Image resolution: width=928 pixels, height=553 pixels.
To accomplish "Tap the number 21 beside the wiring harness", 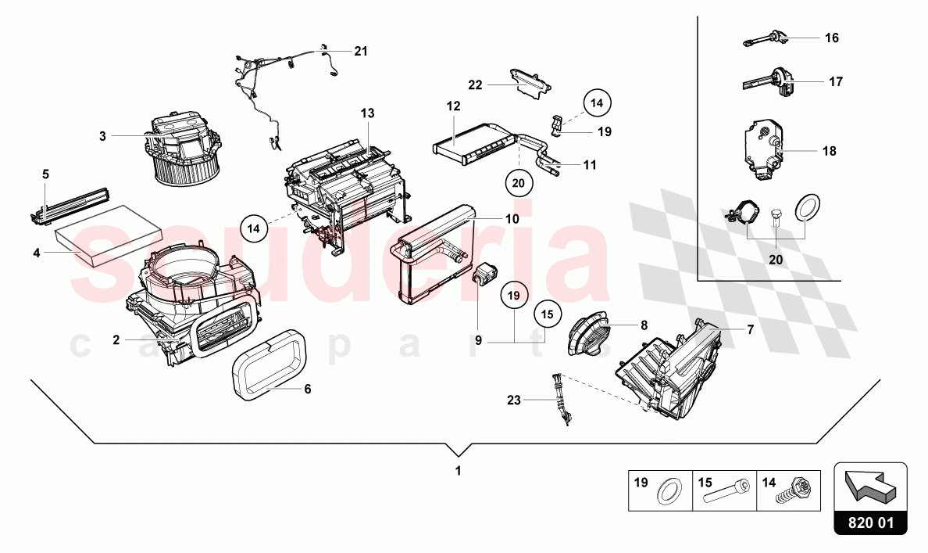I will (x=360, y=52).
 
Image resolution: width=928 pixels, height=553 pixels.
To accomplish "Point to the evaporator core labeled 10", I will (x=437, y=254).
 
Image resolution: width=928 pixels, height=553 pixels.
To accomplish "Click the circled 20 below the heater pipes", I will (x=518, y=181).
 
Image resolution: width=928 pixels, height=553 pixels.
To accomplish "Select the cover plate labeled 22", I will (x=530, y=81).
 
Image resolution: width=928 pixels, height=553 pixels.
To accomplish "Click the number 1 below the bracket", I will (x=459, y=472).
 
